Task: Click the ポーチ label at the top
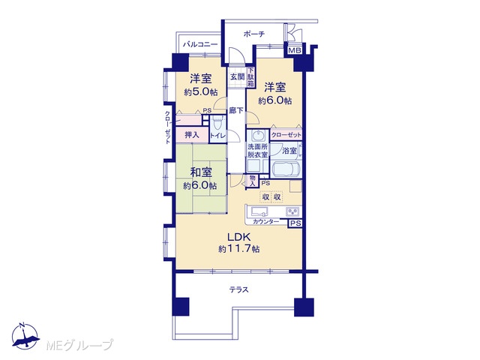[x=253, y=34]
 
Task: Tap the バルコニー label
[x=200, y=44]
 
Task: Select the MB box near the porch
[x=295, y=50]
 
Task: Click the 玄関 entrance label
[x=237, y=76]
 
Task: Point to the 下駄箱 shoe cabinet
[x=250, y=77]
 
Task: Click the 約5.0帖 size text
[x=201, y=91]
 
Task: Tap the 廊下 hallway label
[x=236, y=110]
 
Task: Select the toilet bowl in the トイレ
[x=217, y=123]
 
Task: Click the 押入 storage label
[x=192, y=134]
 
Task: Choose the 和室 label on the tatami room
[x=201, y=172]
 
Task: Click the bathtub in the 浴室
[x=285, y=169]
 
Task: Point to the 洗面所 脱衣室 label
[x=257, y=151]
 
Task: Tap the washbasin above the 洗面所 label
[x=257, y=135]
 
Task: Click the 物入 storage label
[x=253, y=181]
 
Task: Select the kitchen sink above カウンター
[x=259, y=211]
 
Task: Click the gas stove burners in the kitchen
[x=292, y=211]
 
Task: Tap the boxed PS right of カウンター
[x=295, y=223]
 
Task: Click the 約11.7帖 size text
[x=238, y=249]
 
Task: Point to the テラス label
[x=238, y=289]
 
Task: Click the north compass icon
[x=25, y=335]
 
